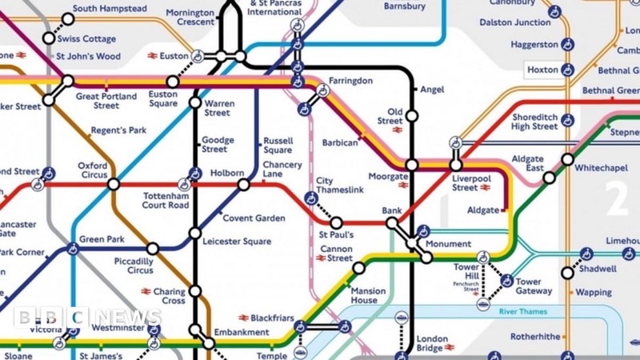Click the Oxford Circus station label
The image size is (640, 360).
pyautogui.click(x=92, y=171)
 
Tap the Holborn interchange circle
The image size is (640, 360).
pyautogui.click(x=244, y=185)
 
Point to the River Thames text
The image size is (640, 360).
pyautogui.click(x=522, y=311)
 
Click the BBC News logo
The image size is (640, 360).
pyautogui.click(x=87, y=318)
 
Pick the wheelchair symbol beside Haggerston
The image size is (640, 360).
pyautogui.click(x=567, y=44)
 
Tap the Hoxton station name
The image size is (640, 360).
pyautogui.click(x=542, y=70)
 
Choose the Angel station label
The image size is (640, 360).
pyautogui.click(x=432, y=90)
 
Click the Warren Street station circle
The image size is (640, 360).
pyautogui.click(x=195, y=102)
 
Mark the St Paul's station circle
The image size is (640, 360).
pyautogui.click(x=337, y=222)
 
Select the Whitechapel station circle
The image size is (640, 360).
pyautogui.click(x=567, y=159)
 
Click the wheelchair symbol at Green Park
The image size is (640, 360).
pyautogui.click(x=73, y=249)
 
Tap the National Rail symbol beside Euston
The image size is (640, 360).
pyautogui.click(x=152, y=56)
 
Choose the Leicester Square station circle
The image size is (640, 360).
pyautogui.click(x=195, y=233)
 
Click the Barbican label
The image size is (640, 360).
pyautogui.click(x=340, y=142)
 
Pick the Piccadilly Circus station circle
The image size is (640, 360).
pyautogui.click(x=153, y=249)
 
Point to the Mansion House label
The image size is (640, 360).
pyautogui.click(x=369, y=296)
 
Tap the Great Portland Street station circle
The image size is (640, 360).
pyautogui.click(x=69, y=81)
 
